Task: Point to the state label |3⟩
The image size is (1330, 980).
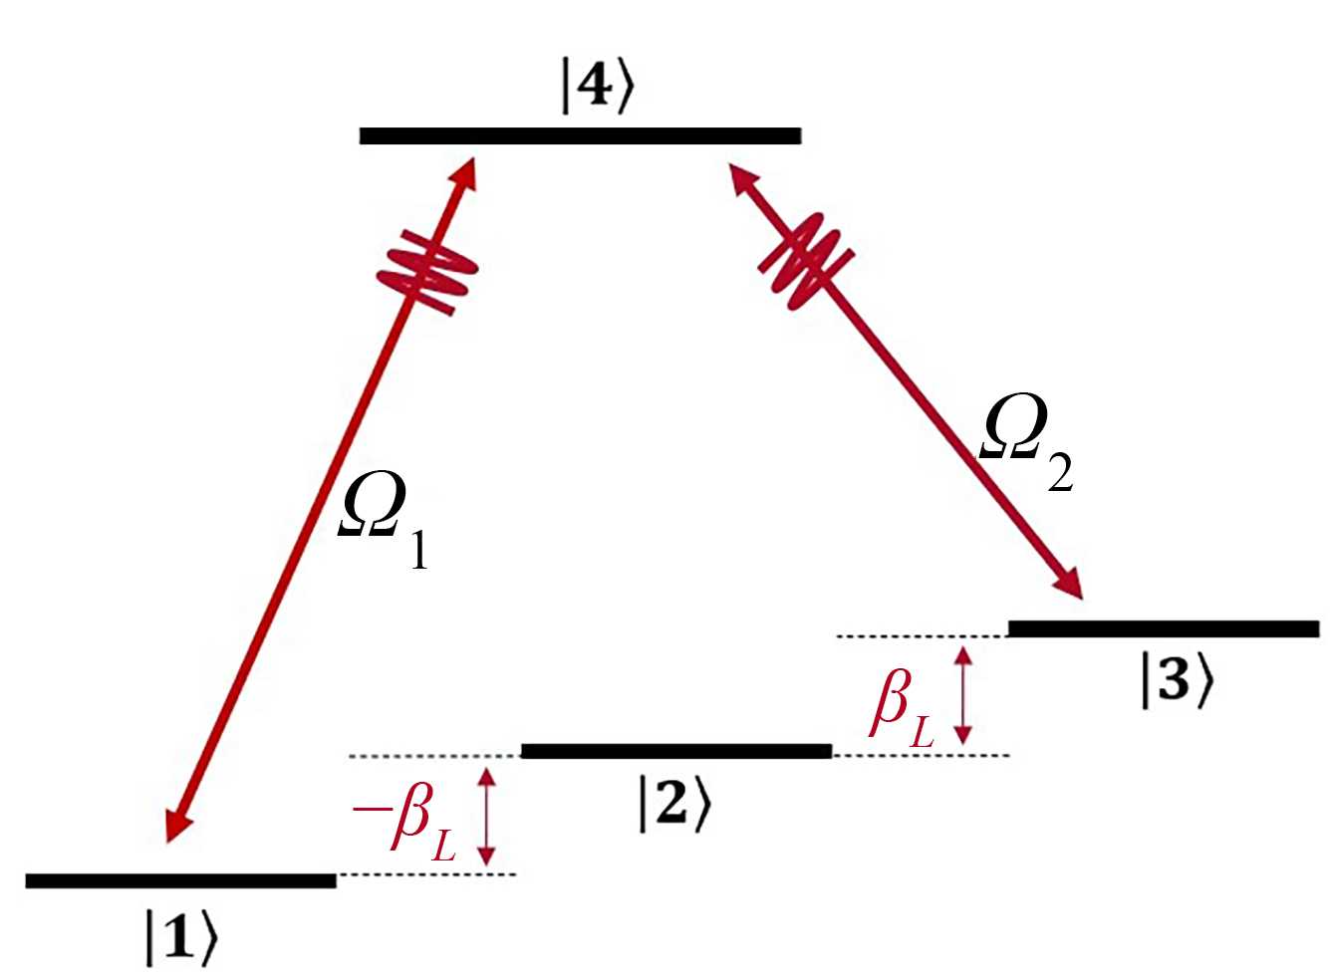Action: point(1178,683)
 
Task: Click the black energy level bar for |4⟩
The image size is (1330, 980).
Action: point(580,135)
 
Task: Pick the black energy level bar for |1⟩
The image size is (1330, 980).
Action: point(180,880)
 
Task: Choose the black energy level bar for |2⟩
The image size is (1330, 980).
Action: point(675,751)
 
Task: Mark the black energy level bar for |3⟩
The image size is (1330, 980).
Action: point(1163,628)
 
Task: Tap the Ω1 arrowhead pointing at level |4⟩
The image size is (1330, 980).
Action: point(465,170)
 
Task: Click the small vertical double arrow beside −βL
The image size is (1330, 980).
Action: point(486,816)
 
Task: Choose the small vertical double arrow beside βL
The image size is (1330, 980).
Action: point(962,695)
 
